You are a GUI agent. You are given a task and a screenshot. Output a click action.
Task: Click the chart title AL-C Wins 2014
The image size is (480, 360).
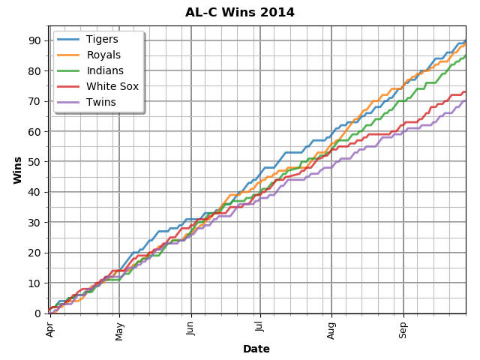click(240, 13)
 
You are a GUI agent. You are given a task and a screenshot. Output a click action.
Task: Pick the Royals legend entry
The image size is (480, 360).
click(103, 55)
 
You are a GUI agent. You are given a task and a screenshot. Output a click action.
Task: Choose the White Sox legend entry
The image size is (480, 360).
click(112, 86)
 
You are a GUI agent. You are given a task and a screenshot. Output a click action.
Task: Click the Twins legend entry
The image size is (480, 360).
click(101, 102)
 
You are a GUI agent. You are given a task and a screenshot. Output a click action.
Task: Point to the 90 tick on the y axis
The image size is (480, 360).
click(35, 40)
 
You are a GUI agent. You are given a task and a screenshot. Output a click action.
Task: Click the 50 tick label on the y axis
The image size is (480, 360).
click(35, 162)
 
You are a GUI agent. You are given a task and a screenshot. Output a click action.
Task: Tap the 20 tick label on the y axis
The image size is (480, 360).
click(35, 253)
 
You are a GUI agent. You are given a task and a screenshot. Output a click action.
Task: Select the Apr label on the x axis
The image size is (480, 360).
click(50, 328)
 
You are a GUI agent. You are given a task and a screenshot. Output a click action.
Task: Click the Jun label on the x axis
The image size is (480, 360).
click(190, 328)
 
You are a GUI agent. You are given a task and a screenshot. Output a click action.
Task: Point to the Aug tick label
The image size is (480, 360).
click(331, 328)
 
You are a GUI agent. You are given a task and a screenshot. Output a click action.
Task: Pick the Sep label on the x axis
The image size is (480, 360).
click(403, 328)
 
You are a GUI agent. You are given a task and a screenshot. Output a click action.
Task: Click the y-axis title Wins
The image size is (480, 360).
click(17, 169)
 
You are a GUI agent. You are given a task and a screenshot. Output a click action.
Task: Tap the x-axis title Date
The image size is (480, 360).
click(256, 349)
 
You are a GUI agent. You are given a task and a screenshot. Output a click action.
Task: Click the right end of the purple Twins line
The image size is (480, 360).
click(466, 100)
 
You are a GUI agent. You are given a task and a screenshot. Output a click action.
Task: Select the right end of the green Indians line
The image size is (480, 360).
click(466, 55)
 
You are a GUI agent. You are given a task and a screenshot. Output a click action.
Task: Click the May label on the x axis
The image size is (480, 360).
click(119, 329)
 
